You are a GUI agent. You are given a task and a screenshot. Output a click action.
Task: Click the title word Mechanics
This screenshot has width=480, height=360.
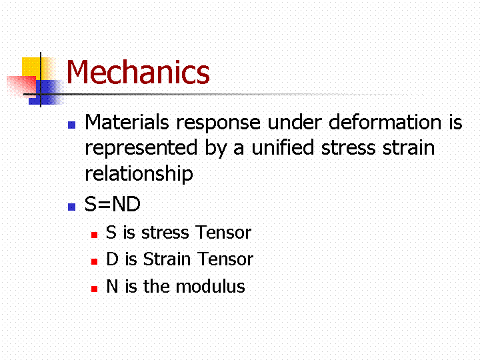click(x=138, y=72)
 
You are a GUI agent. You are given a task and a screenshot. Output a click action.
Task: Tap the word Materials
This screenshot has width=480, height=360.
click(x=127, y=122)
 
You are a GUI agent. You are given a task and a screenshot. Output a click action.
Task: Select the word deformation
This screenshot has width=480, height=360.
click(x=385, y=122)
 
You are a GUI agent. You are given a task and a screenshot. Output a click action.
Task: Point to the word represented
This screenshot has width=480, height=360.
click(x=141, y=148)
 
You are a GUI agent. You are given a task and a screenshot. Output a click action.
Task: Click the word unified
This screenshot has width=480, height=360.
click(x=283, y=147)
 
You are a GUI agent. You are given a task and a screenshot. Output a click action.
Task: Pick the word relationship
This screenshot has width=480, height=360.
click(x=139, y=173)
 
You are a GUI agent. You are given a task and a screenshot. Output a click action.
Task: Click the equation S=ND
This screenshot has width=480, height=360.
click(x=113, y=204)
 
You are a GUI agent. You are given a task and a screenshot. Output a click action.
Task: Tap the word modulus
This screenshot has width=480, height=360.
click(x=210, y=287)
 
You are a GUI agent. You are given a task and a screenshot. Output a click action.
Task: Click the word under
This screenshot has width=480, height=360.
click(x=295, y=122)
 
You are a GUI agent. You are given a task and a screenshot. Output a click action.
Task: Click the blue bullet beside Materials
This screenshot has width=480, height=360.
click(x=71, y=125)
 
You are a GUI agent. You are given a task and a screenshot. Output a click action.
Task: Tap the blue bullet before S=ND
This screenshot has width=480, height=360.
click(x=71, y=207)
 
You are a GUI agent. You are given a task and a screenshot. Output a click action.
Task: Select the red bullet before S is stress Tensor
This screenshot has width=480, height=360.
click(x=94, y=235)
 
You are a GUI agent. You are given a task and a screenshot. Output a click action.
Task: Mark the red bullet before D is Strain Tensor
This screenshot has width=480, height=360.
click(x=94, y=262)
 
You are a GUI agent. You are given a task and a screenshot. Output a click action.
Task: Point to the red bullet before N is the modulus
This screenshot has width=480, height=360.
click(x=94, y=289)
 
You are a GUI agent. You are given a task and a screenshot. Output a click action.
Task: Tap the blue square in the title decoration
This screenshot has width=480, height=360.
click(x=46, y=92)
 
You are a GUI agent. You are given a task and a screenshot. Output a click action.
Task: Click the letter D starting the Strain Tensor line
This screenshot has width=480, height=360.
click(x=112, y=259)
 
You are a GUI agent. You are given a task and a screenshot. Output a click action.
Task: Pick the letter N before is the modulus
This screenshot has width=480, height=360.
click(x=112, y=287)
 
